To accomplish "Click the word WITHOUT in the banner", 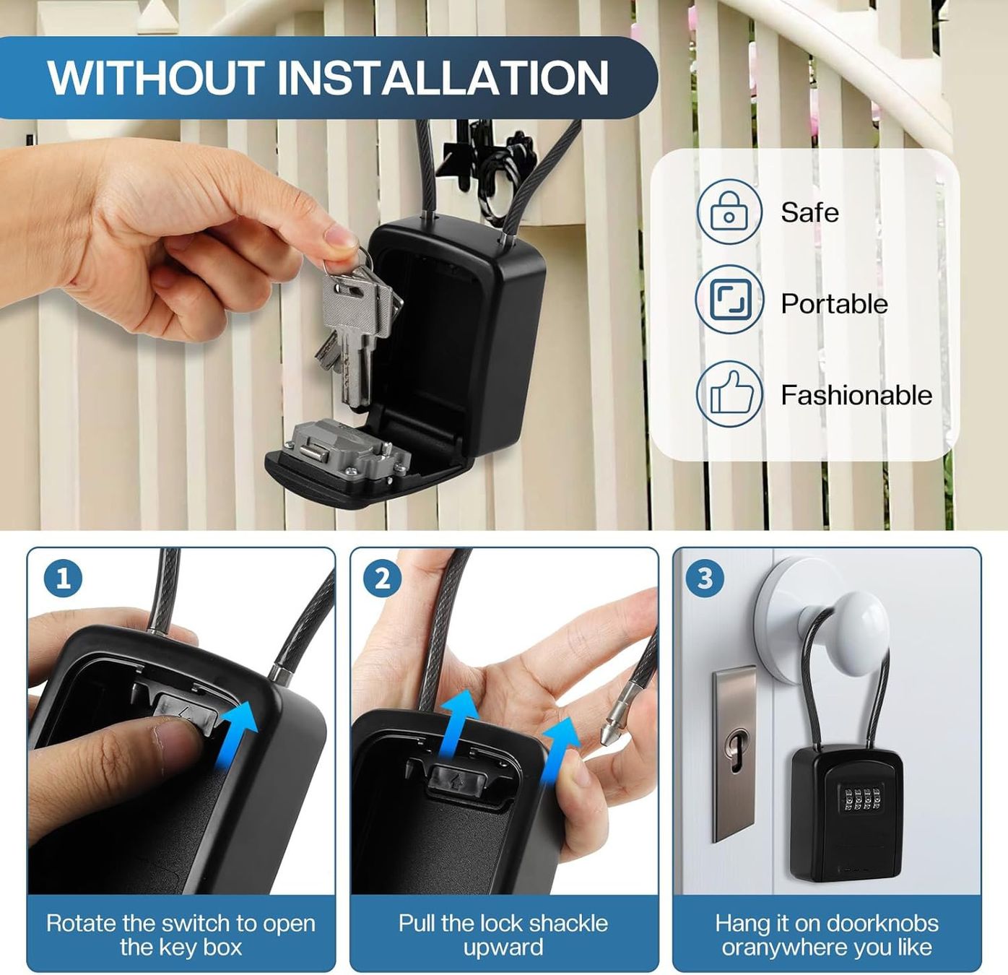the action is (x=156, y=78).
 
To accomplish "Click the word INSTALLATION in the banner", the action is (x=443, y=78).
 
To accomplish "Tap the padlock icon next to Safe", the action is (x=729, y=212).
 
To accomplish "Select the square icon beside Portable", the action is (x=729, y=300).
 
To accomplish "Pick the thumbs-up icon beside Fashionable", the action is (x=729, y=394).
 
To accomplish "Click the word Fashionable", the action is (x=857, y=395).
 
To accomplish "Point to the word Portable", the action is (x=835, y=303).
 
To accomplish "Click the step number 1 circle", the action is (x=64, y=578).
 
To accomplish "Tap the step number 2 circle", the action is (x=382, y=578).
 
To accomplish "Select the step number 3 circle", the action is (x=705, y=578).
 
